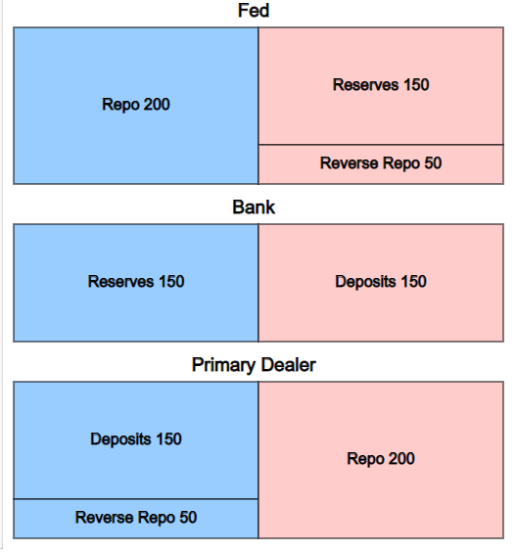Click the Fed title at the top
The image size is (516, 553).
[254, 10]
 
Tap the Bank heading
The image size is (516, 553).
[254, 207]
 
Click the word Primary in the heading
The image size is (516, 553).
[223, 365]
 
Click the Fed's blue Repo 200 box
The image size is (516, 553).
[136, 106]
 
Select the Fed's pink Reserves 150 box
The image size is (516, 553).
[381, 86]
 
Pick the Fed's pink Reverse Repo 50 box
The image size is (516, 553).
[381, 164]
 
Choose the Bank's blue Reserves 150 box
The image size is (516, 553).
[136, 283]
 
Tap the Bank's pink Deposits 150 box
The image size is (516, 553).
[381, 283]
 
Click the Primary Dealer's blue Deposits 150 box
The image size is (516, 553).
[136, 440]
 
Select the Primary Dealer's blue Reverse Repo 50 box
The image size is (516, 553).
[136, 519]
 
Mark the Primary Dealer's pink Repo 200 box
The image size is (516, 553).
[381, 460]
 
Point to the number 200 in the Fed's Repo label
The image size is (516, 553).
[157, 105]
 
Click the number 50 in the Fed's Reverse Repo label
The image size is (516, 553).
[433, 162]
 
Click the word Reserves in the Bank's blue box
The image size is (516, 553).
[120, 282]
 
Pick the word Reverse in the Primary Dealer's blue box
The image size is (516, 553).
[105, 518]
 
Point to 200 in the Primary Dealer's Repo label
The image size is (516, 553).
[401, 458]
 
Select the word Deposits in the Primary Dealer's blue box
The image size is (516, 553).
[120, 439]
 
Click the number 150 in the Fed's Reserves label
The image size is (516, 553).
[416, 84]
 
